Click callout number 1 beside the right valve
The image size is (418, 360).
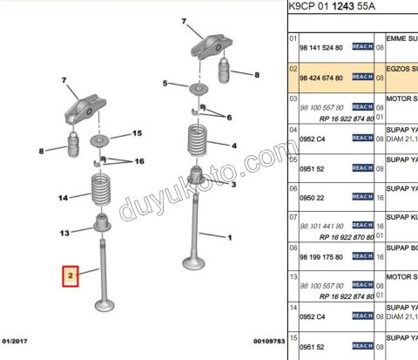(229, 238)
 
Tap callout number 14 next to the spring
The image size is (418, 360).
(63, 199)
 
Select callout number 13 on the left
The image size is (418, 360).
(64, 233)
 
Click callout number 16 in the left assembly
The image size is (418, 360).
(138, 162)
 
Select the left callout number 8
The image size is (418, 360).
(41, 152)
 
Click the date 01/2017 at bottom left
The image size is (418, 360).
(17, 341)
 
